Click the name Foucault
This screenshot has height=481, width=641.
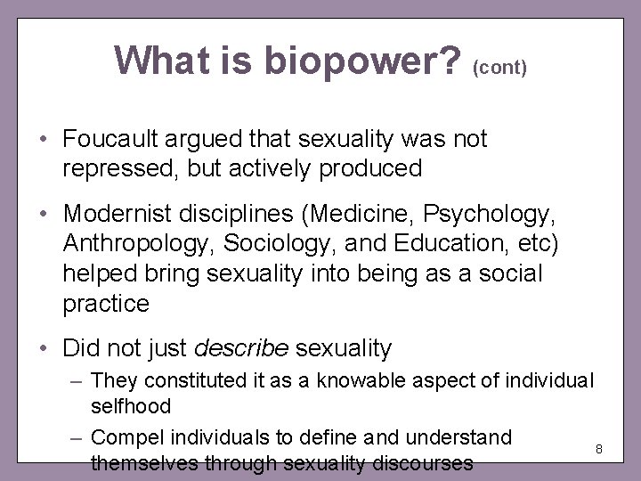click(x=113, y=140)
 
